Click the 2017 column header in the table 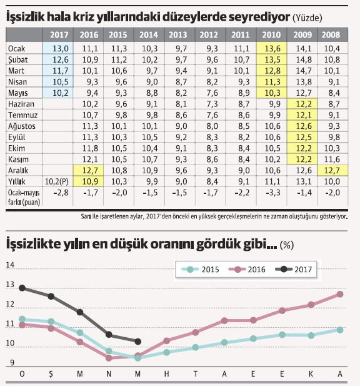pyautogui.click(x=58, y=35)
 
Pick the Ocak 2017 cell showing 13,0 pyautogui.click(x=58, y=48)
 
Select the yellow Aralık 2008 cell pyautogui.click(x=331, y=170)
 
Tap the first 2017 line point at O pyautogui.click(x=22, y=288)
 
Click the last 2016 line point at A pyautogui.click(x=340, y=293)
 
